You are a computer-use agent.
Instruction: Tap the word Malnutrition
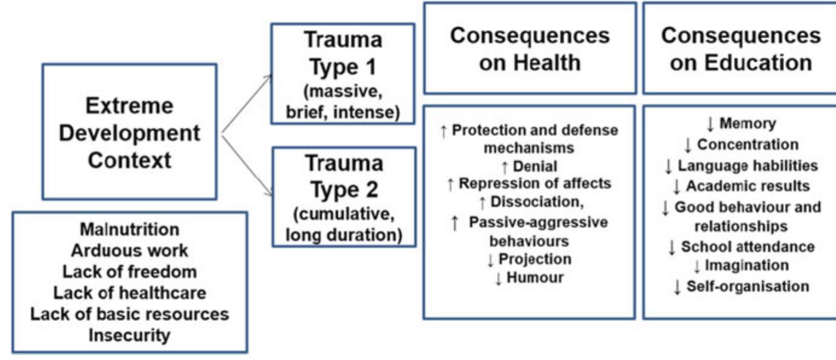[x=130, y=230]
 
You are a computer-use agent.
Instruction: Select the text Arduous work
[x=130, y=251]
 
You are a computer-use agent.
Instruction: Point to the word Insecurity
[x=130, y=335]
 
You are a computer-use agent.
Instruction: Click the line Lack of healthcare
[x=130, y=293]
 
